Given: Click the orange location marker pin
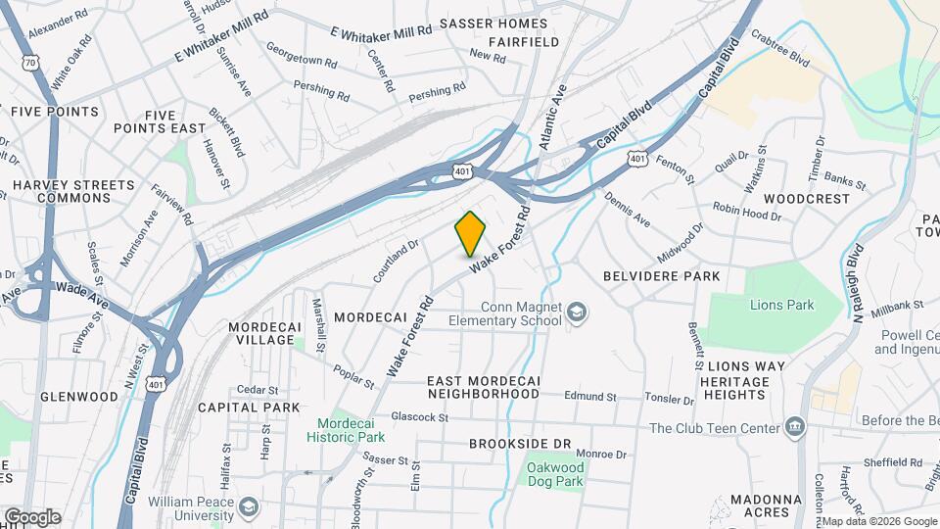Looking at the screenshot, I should point(471,233).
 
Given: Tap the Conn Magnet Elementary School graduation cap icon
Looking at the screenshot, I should point(578,313).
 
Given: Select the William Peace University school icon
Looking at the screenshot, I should point(250,506).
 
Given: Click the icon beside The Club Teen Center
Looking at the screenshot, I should point(794,427).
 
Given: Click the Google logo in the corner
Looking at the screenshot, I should point(32,517).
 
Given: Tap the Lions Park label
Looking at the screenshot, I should point(781,305).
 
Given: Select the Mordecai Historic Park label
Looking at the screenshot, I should point(351,430).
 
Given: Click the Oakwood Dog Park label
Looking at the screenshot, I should point(554,474).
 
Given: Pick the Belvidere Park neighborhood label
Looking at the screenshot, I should point(661,276).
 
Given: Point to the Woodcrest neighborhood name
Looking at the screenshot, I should point(807,198).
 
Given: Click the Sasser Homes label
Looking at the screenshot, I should point(493,23).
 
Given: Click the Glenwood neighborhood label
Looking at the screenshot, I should point(79,397).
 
